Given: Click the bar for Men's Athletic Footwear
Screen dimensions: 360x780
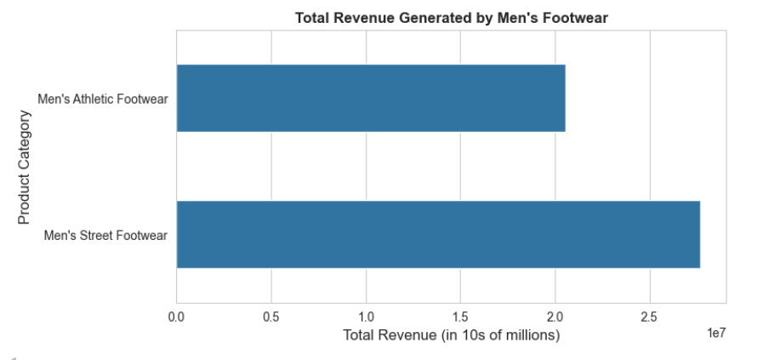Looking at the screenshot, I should tap(370, 98).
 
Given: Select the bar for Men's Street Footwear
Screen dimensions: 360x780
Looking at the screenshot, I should tap(438, 234).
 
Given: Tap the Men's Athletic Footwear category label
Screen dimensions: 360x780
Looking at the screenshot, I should tap(103, 99).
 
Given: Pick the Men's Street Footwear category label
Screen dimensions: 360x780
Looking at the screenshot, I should tap(105, 235).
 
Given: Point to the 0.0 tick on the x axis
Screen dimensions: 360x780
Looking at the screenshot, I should tap(177, 317).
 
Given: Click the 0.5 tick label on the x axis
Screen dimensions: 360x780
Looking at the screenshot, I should tap(271, 317).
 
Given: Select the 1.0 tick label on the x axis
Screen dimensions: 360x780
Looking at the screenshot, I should tap(366, 317).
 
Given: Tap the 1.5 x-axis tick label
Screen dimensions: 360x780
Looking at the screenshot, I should tap(460, 317).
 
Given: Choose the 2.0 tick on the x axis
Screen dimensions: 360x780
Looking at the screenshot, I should tap(555, 317).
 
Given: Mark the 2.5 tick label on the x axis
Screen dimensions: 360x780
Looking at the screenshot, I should tap(650, 317).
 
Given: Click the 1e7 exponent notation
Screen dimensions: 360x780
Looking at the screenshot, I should tap(716, 334).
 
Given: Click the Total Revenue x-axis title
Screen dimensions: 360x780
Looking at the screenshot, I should tap(451, 335).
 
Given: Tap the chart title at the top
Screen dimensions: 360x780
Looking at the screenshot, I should tap(451, 18).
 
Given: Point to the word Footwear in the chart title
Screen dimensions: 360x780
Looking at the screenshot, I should tap(578, 18).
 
